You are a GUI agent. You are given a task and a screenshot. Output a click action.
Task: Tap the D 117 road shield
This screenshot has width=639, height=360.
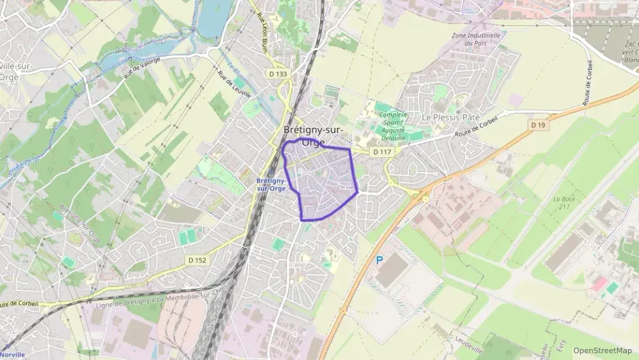tap(380, 151)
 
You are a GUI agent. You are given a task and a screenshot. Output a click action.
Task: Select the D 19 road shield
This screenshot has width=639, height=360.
tap(539, 125)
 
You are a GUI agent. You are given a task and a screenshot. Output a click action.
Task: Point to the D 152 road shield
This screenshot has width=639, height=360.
tap(197, 260)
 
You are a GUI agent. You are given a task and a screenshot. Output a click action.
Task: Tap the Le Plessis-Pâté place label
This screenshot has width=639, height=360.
tap(451, 117)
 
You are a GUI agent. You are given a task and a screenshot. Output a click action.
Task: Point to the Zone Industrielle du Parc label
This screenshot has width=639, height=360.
tap(476, 39)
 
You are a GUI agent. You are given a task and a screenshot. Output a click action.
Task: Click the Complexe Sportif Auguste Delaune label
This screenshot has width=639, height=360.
tap(393, 126)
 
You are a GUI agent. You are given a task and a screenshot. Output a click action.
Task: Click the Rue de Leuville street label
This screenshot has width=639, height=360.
tap(233, 85)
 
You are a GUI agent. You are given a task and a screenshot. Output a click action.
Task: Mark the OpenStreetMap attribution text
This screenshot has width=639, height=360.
tap(602, 350)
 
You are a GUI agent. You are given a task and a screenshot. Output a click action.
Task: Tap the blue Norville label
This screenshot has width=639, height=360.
tap(13, 355)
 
